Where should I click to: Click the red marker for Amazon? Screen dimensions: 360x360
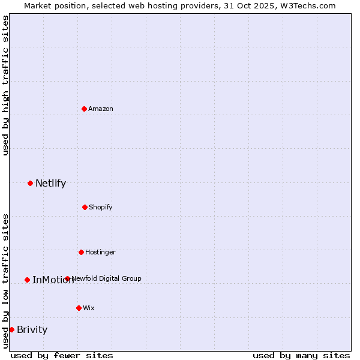(84, 109)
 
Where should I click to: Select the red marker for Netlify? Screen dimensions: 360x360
(30, 183)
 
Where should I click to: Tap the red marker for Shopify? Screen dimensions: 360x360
(85, 207)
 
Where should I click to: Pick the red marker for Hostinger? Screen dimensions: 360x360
(81, 252)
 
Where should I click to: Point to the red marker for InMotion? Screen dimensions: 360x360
(27, 280)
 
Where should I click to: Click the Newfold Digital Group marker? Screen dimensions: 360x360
(67, 278)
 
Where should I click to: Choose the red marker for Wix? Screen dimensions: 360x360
(79, 308)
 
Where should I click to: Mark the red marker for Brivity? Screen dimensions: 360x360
(11, 329)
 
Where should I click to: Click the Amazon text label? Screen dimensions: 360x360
(101, 109)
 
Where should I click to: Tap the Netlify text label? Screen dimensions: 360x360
(50, 184)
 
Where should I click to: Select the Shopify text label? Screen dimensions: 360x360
(101, 207)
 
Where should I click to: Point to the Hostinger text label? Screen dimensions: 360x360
(100, 252)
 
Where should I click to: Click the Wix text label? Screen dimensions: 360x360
(89, 308)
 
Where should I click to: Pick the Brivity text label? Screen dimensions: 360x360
(32, 329)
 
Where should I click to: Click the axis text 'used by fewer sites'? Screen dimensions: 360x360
(62, 355)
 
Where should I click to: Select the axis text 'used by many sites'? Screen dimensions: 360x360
(301, 355)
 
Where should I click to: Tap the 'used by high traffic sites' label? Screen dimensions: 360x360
(5, 85)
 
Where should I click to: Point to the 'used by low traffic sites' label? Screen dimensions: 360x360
(5, 281)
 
